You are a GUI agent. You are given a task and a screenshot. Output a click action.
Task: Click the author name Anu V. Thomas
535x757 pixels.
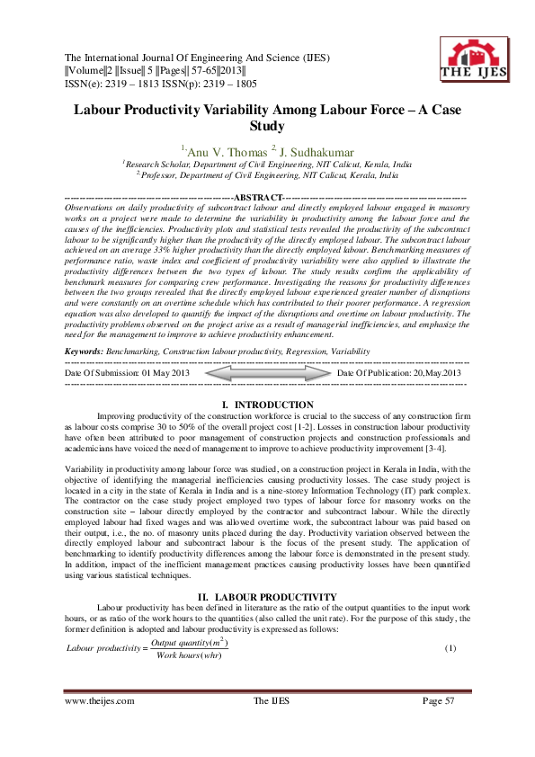point(216,151)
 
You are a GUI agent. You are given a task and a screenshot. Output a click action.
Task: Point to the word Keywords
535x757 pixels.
point(84,350)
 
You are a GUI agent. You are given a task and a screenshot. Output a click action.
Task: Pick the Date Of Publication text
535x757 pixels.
point(399,372)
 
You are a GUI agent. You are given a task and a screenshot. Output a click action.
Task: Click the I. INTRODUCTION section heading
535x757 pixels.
point(267,405)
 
